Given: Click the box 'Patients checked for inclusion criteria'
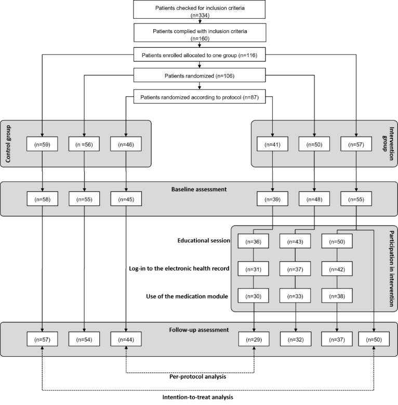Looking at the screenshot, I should click(199, 11).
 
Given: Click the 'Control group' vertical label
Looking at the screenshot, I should click(8, 144).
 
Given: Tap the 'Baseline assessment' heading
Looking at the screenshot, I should click(200, 190).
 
